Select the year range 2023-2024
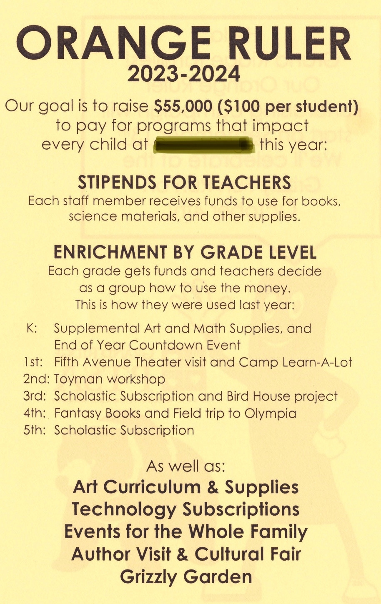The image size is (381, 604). [184, 74]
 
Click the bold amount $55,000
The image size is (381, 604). [183, 106]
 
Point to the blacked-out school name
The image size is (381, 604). [204, 145]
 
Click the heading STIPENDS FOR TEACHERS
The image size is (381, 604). [184, 183]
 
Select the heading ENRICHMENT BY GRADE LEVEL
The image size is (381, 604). [185, 252]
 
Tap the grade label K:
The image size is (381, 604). [32, 328]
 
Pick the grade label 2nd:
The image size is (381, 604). [37, 379]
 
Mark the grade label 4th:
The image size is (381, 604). [35, 413]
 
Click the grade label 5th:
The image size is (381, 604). [35, 430]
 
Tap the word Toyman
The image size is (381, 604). [78, 379]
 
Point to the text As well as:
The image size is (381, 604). [185, 466]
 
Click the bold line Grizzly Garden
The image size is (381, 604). [186, 576]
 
